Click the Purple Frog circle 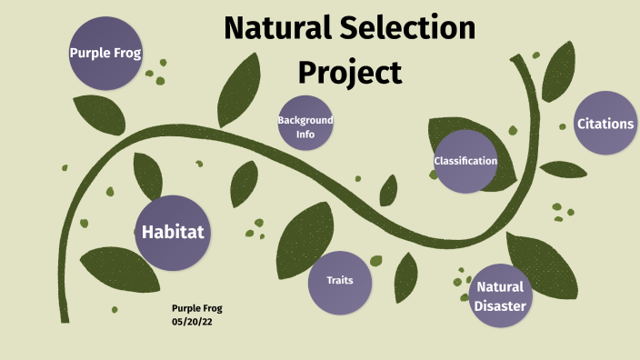105,53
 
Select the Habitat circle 172,233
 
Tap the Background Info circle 305,125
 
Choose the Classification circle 465,161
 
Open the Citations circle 605,124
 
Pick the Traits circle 340,280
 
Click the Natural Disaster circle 499,296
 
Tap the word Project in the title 350,71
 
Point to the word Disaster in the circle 499,306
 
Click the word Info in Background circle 305,134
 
